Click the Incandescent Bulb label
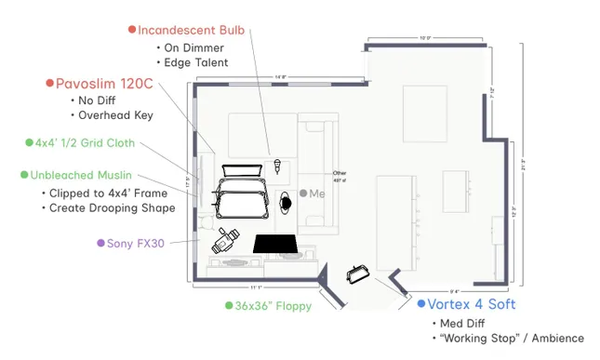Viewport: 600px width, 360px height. [192, 30]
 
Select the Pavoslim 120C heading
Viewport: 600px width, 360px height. [104, 83]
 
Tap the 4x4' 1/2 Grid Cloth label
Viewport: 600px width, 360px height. [85, 143]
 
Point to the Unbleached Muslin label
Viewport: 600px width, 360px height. [81, 175]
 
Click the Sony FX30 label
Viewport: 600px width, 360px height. [135, 243]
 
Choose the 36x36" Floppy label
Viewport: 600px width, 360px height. [273, 305]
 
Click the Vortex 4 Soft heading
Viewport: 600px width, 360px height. [472, 304]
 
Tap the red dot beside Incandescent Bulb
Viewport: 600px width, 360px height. [131, 30]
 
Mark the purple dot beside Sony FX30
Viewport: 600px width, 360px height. [100, 243]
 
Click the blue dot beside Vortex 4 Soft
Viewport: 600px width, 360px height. [420, 304]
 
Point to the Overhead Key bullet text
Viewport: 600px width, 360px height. [115, 115]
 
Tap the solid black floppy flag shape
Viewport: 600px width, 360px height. [275, 244]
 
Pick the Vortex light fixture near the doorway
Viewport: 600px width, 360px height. [358, 273]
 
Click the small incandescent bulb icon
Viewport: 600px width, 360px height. [278, 167]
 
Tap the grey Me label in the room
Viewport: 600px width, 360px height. [316, 193]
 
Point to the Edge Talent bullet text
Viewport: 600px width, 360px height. [195, 62]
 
